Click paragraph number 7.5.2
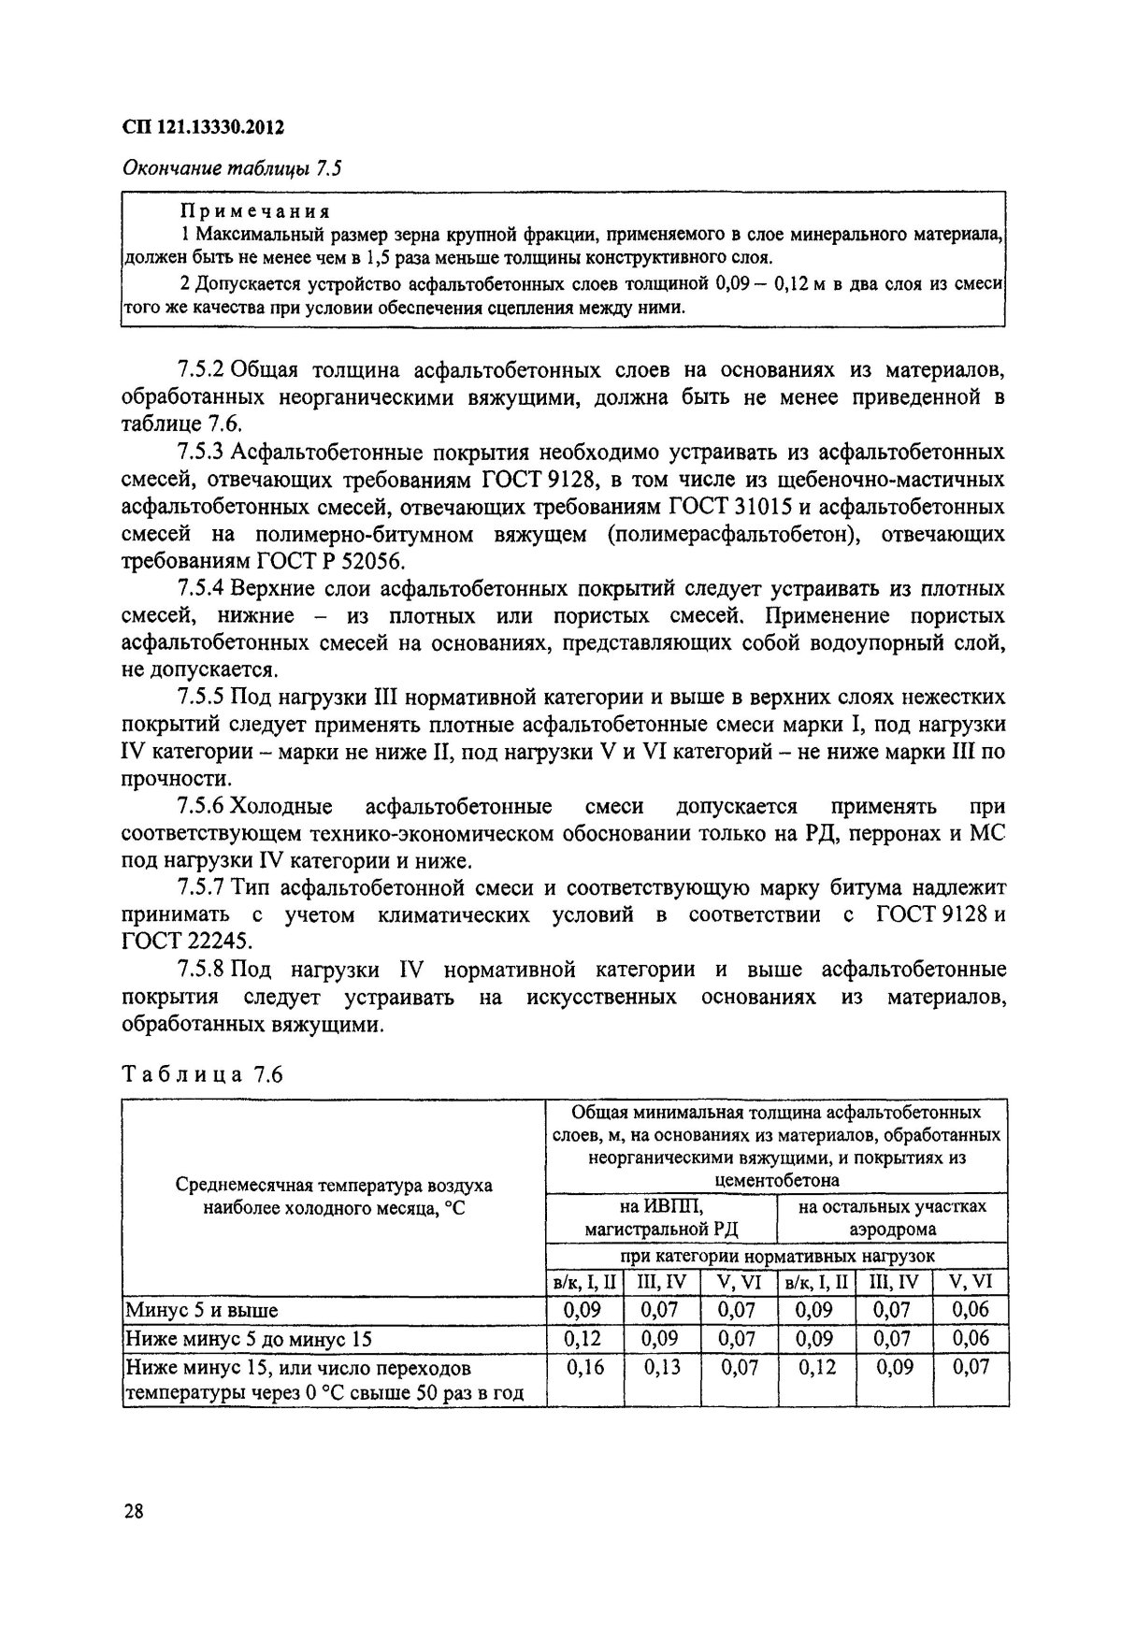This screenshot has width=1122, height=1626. coord(199,371)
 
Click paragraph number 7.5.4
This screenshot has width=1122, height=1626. coord(199,589)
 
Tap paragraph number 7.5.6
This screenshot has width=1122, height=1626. coord(199,806)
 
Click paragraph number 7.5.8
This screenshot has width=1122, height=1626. coord(199,970)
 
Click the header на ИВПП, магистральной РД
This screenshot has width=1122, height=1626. coord(660,1218)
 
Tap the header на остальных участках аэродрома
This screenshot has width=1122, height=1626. coord(892,1218)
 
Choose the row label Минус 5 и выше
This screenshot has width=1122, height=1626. coord(202,1310)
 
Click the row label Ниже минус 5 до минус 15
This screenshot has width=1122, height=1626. coord(248,1339)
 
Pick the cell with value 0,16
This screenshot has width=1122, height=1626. coord(584,1368)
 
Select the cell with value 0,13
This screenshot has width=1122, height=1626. coord(661,1368)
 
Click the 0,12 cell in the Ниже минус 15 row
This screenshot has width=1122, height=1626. coord(815,1368)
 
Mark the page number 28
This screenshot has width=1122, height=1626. coord(132,1510)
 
